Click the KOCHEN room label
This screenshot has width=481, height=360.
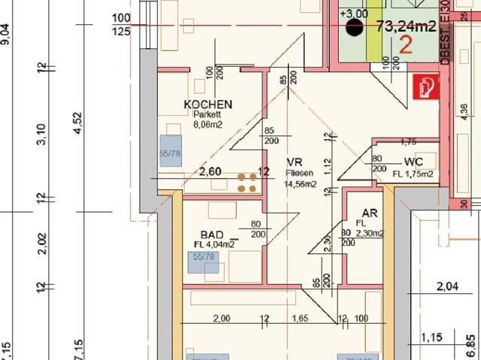(x=208, y=104)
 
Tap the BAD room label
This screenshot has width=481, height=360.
(x=213, y=234)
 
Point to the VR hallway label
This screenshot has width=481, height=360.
(x=294, y=162)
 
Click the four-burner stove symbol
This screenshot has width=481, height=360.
(x=246, y=182)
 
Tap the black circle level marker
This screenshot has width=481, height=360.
(x=352, y=29)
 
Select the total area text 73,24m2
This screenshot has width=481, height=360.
(x=407, y=27)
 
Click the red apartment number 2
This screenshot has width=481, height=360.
(x=405, y=45)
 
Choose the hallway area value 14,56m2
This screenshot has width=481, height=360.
(x=299, y=183)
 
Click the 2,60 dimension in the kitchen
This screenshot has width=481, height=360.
(x=210, y=171)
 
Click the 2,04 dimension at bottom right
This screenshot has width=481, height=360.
(x=446, y=286)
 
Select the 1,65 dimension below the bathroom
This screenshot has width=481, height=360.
(x=300, y=319)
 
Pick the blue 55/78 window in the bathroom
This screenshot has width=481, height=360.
(x=202, y=262)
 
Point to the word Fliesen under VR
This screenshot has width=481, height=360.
(x=298, y=172)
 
